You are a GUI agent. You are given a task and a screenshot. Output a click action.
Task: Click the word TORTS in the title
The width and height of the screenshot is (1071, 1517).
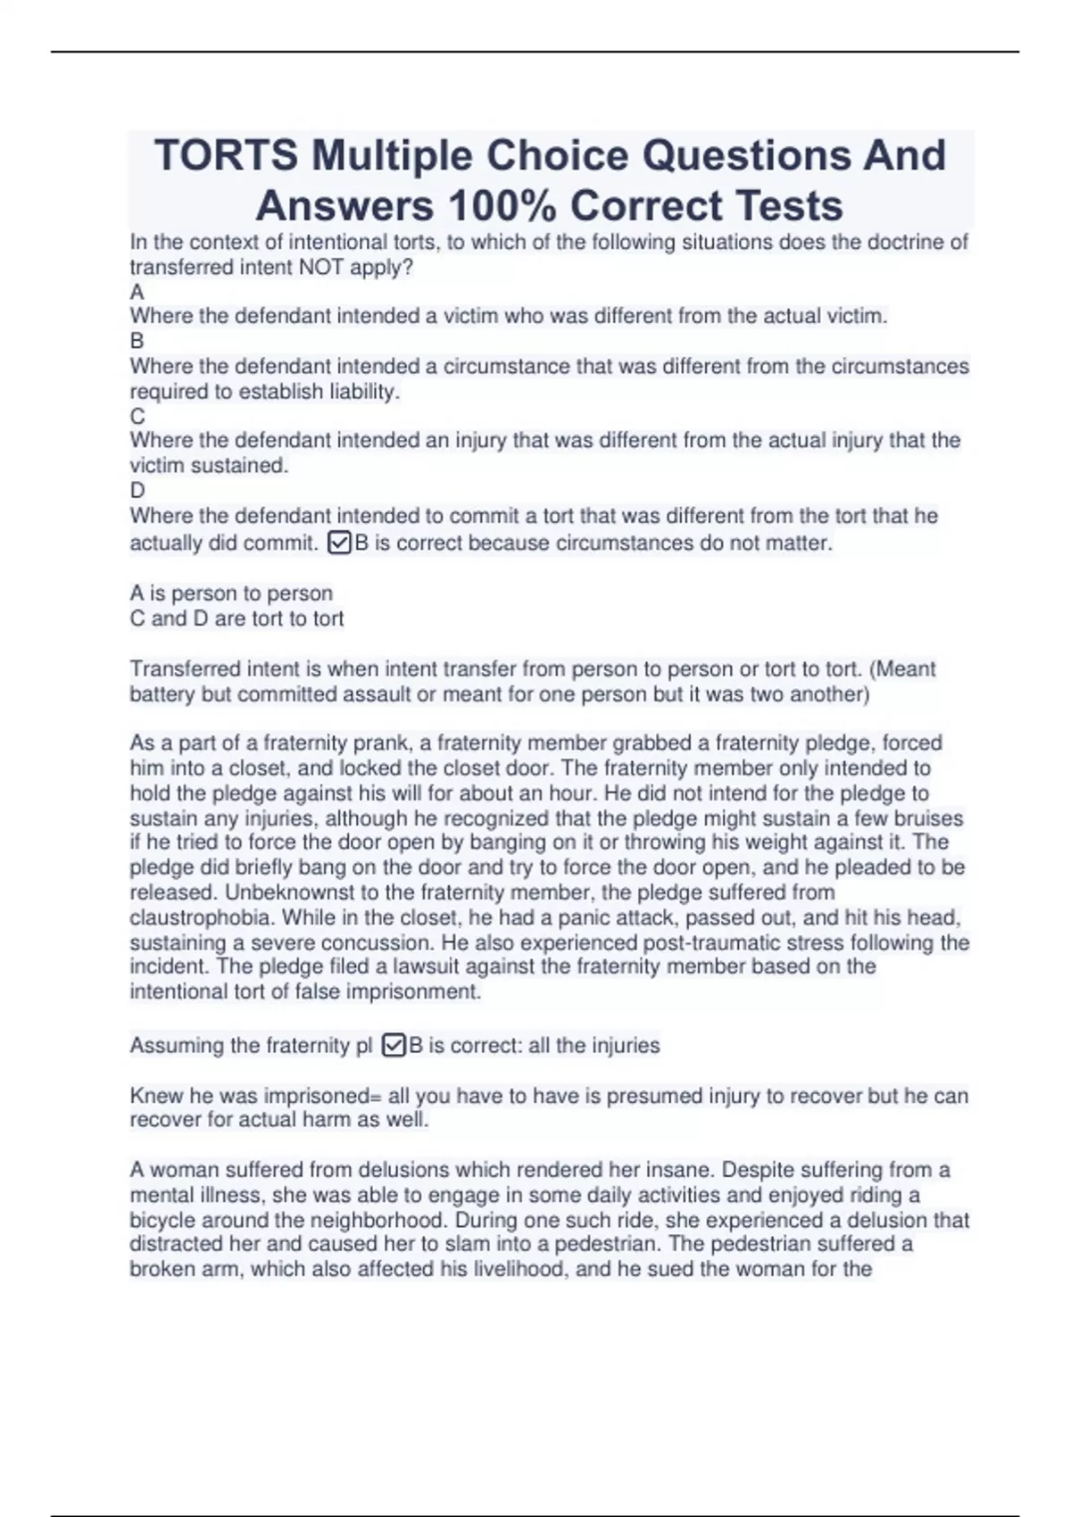coord(226,156)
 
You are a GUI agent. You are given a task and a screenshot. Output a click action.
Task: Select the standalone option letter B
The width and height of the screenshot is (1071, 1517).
coord(137,341)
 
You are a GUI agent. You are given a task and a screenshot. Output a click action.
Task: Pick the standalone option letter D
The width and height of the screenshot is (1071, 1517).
coord(137,490)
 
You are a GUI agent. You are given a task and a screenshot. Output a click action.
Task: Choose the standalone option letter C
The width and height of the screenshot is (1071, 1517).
coord(137,416)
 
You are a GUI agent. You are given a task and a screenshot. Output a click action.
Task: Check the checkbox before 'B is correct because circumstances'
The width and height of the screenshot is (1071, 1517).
coord(339,543)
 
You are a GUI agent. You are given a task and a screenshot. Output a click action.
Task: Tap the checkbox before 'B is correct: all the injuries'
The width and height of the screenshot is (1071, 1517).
coord(394,1045)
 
